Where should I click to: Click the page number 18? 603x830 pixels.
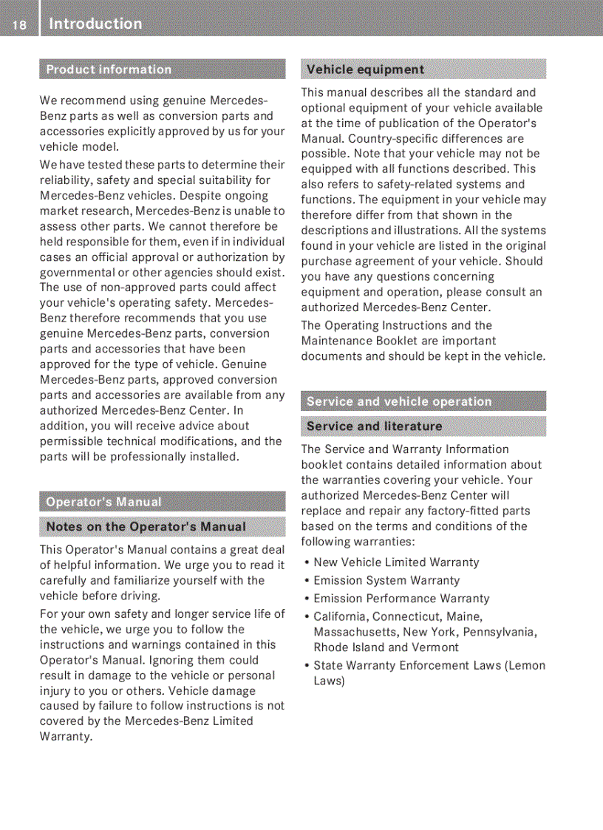(x=18, y=25)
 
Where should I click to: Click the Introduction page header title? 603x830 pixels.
(x=95, y=24)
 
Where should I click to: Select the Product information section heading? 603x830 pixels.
(x=109, y=69)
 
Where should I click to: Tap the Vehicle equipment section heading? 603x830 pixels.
(x=365, y=69)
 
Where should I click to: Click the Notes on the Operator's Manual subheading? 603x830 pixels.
(x=146, y=527)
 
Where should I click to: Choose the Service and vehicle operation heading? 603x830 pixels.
(x=399, y=401)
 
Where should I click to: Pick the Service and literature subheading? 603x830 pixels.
(x=374, y=426)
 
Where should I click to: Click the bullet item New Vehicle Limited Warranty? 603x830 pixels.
(x=396, y=562)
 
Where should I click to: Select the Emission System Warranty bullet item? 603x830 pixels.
(x=386, y=581)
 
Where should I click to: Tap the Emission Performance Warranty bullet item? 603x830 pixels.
(x=401, y=599)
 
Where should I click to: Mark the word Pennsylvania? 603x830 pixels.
(x=500, y=632)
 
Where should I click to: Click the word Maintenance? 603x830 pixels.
(x=335, y=341)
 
